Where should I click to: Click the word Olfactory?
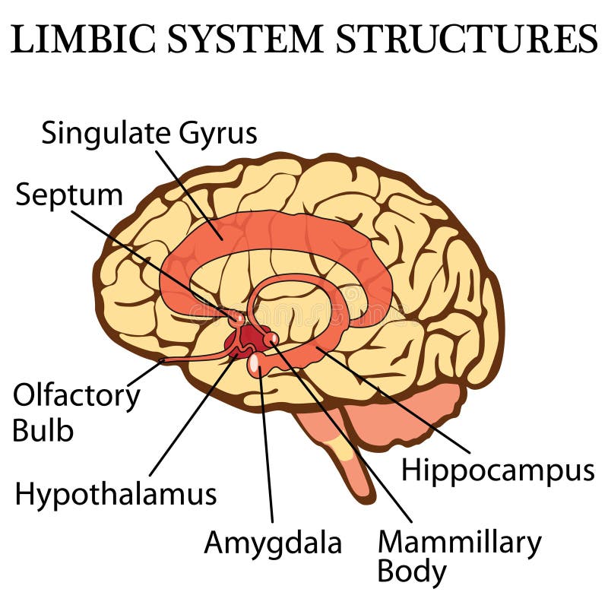coord(77,396)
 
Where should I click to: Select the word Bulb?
coord(43,430)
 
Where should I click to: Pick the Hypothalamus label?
coord(116,495)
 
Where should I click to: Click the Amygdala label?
coord(273,543)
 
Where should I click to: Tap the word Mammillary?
coord(459,543)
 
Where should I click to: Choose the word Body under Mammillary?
coord(413,572)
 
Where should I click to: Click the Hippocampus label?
coord(498,470)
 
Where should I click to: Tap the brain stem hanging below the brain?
coord(342,456)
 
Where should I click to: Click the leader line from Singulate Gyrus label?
coord(190,194)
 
